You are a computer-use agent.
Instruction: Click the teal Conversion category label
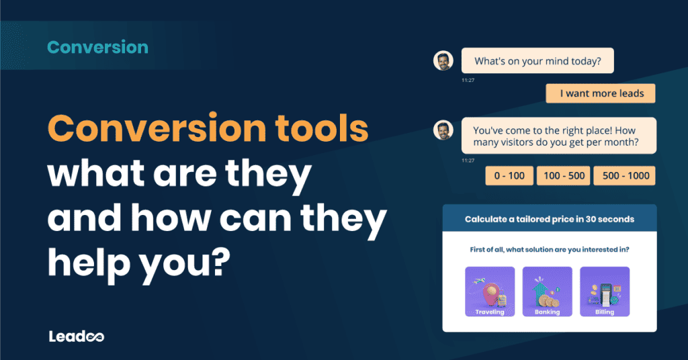98,48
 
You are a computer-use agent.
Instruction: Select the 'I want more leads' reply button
600,93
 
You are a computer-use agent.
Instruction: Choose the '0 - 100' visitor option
509,175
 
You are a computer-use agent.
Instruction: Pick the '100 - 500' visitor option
563,175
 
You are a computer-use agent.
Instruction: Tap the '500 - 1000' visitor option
624,175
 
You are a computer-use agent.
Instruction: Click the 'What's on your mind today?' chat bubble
537,61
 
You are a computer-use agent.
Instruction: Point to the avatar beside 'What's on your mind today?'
443,61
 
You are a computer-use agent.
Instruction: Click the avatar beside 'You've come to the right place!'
443,130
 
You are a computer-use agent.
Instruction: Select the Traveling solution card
490,291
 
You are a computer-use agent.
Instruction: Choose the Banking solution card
547,291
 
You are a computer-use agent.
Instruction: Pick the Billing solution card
605,291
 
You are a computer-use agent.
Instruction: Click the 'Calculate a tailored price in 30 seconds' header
549,219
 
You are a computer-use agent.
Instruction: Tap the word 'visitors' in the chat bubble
520,143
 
